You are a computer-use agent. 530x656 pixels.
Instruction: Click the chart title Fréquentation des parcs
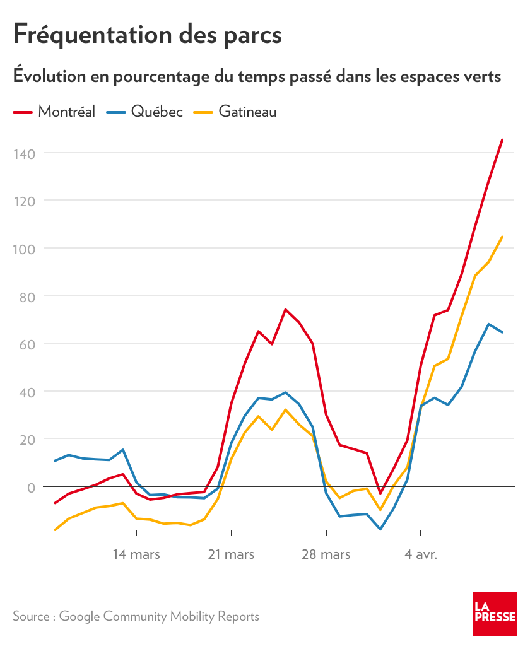click(x=148, y=34)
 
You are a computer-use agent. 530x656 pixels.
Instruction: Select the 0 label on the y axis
click(x=30, y=487)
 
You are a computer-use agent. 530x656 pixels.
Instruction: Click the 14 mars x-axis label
click(x=136, y=555)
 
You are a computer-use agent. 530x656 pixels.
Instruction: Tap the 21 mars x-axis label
click(x=232, y=555)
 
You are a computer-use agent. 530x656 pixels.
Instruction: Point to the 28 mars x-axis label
click(x=326, y=555)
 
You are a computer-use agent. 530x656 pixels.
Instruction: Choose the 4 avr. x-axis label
click(x=421, y=555)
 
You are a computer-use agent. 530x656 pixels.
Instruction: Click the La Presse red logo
click(x=495, y=614)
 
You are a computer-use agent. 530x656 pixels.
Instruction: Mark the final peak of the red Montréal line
click(x=502, y=139)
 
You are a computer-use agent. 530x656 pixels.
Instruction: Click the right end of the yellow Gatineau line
click(x=502, y=237)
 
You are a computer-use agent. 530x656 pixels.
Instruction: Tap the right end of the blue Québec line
click(x=502, y=332)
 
